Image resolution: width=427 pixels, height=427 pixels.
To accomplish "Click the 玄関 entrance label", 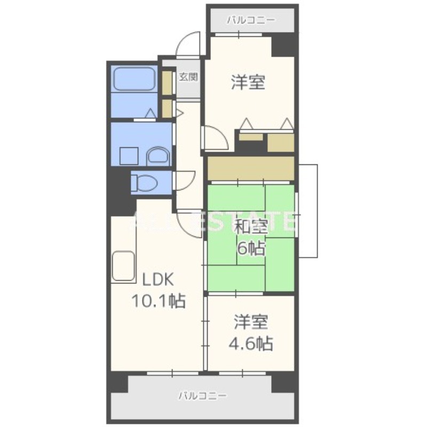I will point(188,77).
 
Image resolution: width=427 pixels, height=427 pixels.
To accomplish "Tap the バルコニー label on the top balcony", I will point(251,21).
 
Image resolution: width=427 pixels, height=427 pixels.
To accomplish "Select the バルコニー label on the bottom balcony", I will point(202,396).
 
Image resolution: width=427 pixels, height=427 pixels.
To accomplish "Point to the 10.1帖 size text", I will point(159,302).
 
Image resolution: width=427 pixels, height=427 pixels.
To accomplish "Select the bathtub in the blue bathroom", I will point(134,81).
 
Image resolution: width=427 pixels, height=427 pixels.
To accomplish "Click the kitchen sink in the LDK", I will point(124,266).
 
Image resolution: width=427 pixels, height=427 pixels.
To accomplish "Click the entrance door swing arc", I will point(188,45).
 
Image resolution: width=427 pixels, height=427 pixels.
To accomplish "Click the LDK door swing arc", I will point(190,223).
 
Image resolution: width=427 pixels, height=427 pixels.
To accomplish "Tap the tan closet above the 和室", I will point(251,168).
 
